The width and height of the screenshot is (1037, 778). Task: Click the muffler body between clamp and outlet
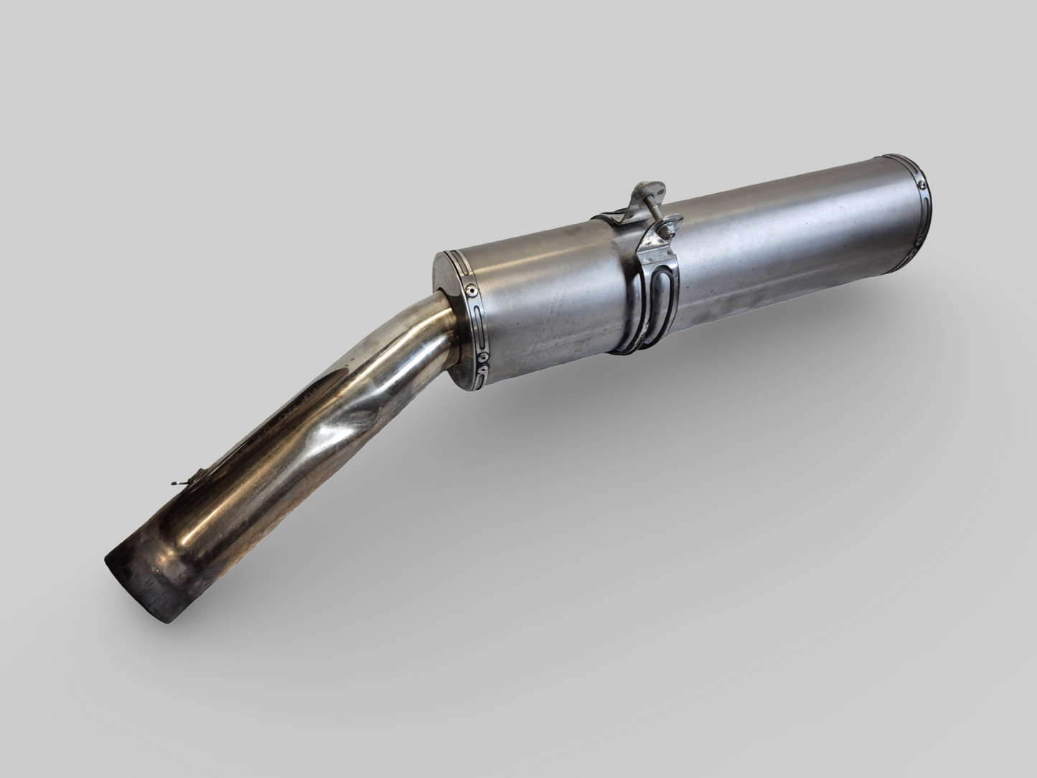(x=789, y=244)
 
